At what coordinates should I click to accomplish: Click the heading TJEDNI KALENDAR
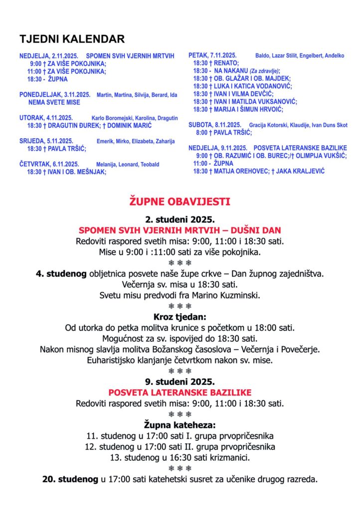pos(72,39)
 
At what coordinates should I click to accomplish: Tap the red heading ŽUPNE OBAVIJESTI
pos(180,202)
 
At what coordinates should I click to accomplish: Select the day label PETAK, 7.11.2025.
pos(212,55)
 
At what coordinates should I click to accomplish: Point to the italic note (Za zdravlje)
pos(265,71)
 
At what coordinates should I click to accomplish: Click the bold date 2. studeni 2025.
pos(180,219)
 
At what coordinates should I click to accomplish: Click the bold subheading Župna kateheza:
pos(180,425)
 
